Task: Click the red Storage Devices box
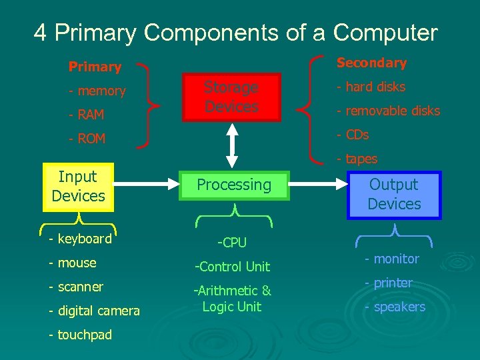(232, 97)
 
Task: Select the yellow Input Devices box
(78, 187)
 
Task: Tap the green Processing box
(234, 185)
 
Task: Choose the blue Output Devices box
(394, 195)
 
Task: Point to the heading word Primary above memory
(95, 67)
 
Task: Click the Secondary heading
(371, 63)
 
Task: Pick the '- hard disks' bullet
(371, 87)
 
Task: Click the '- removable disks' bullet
(388, 111)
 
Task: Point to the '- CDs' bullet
(353, 135)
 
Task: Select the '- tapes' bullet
(357, 159)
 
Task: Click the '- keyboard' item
(80, 239)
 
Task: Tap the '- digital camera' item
(94, 311)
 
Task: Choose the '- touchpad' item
(80, 335)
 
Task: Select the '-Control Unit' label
(232, 267)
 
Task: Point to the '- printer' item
(388, 283)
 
